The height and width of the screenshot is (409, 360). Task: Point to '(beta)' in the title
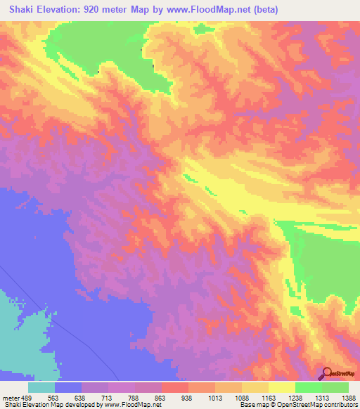pos(263,10)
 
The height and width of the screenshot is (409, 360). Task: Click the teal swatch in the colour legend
pos(41,387)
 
